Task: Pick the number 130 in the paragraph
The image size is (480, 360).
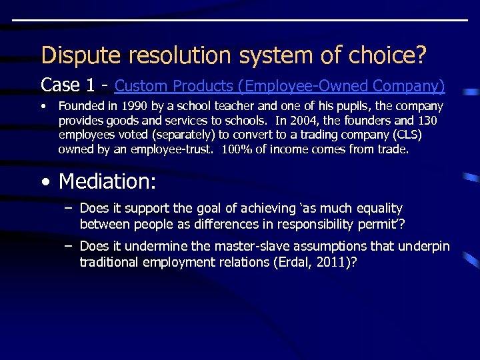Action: [427, 121]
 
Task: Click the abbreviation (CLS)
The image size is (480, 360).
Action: [407, 135]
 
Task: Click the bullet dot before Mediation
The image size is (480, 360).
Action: [45, 181]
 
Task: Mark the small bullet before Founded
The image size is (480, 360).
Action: [43, 107]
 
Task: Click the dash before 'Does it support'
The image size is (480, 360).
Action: [68, 209]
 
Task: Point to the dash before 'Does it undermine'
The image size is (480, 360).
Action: [68, 247]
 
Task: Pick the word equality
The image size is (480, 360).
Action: [380, 209]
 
